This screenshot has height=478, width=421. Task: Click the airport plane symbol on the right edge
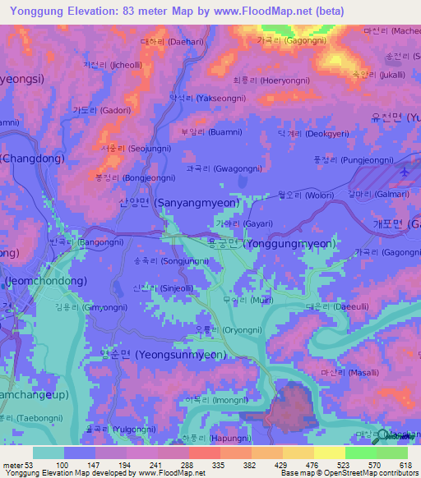[x=406, y=172]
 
